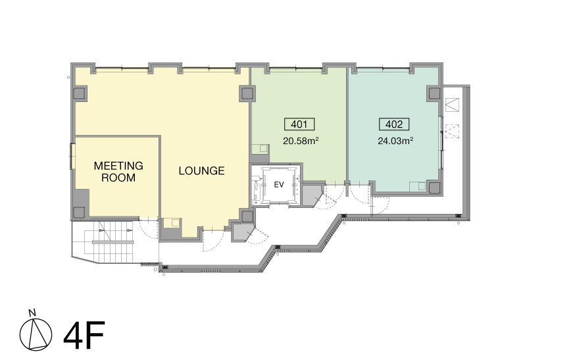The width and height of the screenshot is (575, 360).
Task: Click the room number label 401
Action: tap(299, 124)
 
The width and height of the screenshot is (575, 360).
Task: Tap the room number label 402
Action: tap(394, 124)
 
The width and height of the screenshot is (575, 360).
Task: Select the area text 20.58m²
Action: tap(301, 141)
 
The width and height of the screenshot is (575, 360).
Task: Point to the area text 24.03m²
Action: tap(395, 141)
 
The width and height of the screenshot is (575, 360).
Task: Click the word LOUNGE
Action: tap(201, 170)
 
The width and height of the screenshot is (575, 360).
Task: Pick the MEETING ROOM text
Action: tap(118, 172)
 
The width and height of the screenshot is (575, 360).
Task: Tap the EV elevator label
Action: tap(279, 184)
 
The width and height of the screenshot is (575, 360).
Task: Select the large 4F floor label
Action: tap(84, 335)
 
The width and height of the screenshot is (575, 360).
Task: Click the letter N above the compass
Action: tap(32, 313)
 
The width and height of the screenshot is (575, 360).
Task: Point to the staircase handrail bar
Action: tap(113, 242)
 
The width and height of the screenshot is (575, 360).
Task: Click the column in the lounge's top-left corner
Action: tap(80, 93)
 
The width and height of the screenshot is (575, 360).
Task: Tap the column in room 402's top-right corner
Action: tap(434, 93)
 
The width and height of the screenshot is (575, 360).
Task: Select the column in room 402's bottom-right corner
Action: tap(435, 188)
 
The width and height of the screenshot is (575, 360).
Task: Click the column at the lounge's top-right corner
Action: tap(247, 93)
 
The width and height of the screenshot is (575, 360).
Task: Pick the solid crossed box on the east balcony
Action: tap(452, 104)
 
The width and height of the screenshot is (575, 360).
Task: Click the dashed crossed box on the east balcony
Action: tap(452, 132)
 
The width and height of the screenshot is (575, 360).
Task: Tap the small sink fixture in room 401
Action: tap(261, 149)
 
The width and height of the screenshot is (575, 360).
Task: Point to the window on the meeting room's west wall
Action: tap(72, 157)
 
